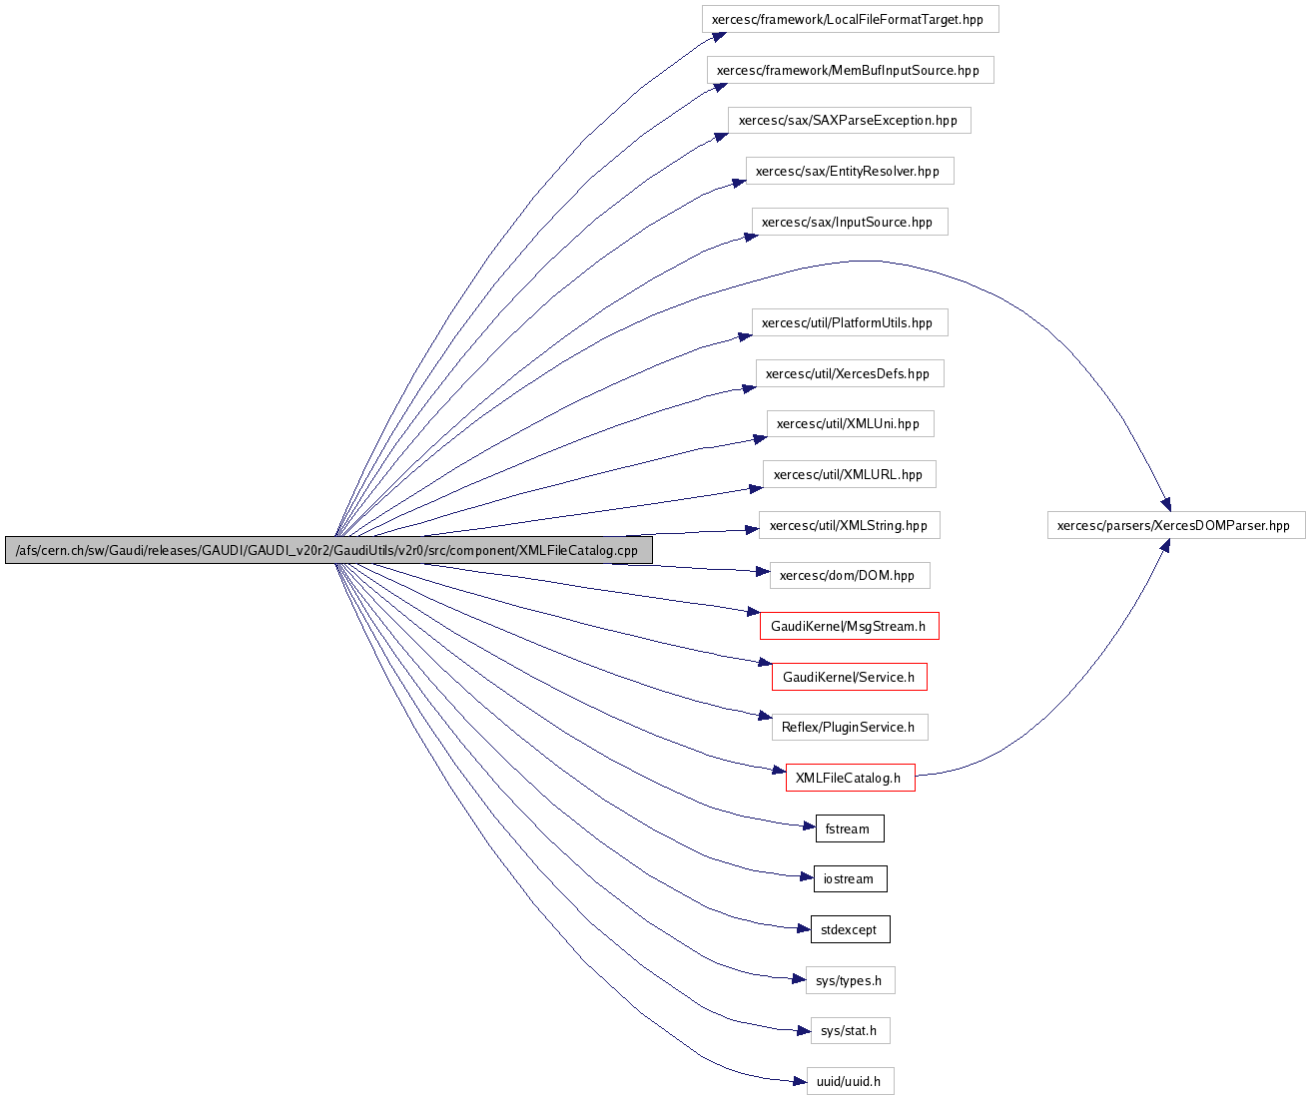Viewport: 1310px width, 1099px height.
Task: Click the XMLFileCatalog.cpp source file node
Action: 328,550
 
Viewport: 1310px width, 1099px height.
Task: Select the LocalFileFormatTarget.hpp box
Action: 850,19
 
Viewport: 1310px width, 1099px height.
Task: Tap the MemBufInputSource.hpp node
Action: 850,70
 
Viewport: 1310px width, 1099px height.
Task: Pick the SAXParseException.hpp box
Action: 849,121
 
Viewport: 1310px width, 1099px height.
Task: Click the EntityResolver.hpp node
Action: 849,171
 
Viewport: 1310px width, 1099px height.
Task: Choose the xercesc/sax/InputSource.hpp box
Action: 849,222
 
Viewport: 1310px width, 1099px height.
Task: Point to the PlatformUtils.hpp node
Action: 849,322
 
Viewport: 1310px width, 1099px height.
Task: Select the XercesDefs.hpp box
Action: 849,373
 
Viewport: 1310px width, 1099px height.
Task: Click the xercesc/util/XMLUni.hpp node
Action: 850,423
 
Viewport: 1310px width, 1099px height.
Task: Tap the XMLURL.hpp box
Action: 849,474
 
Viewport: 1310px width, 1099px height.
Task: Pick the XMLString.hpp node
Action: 849,525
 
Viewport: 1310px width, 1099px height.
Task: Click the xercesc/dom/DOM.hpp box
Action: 849,575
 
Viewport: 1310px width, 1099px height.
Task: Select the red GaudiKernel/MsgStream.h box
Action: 849,626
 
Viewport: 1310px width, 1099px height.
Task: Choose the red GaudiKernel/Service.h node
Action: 849,677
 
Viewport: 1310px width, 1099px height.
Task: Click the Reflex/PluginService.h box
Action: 849,727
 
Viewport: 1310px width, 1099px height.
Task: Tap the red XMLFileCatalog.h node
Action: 850,778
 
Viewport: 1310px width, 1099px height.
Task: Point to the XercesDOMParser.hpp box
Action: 1175,525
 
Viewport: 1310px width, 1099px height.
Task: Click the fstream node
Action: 849,828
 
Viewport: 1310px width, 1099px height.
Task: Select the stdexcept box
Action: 850,929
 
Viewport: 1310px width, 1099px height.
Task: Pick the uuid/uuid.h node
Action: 850,1081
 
